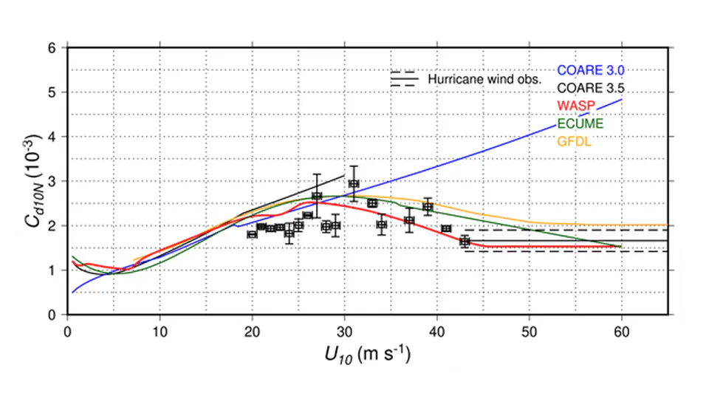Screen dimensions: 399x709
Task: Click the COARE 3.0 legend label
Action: tap(591, 71)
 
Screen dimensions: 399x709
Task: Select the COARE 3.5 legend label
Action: tap(591, 89)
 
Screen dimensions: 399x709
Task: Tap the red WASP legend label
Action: tap(576, 106)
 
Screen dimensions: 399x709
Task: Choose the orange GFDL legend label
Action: tap(574, 142)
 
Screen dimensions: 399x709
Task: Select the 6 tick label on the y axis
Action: tap(52, 48)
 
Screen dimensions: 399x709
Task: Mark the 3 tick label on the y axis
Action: tap(52, 182)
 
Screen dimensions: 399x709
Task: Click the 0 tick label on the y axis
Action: tap(52, 315)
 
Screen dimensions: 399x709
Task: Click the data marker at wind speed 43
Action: tap(465, 242)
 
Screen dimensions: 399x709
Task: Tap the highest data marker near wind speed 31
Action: tap(354, 184)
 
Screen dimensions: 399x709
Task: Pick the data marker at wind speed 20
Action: tap(252, 234)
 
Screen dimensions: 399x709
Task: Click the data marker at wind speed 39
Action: tap(428, 207)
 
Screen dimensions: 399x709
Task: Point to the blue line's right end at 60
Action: tap(622, 100)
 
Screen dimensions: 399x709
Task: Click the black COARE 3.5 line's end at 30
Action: tap(344, 175)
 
